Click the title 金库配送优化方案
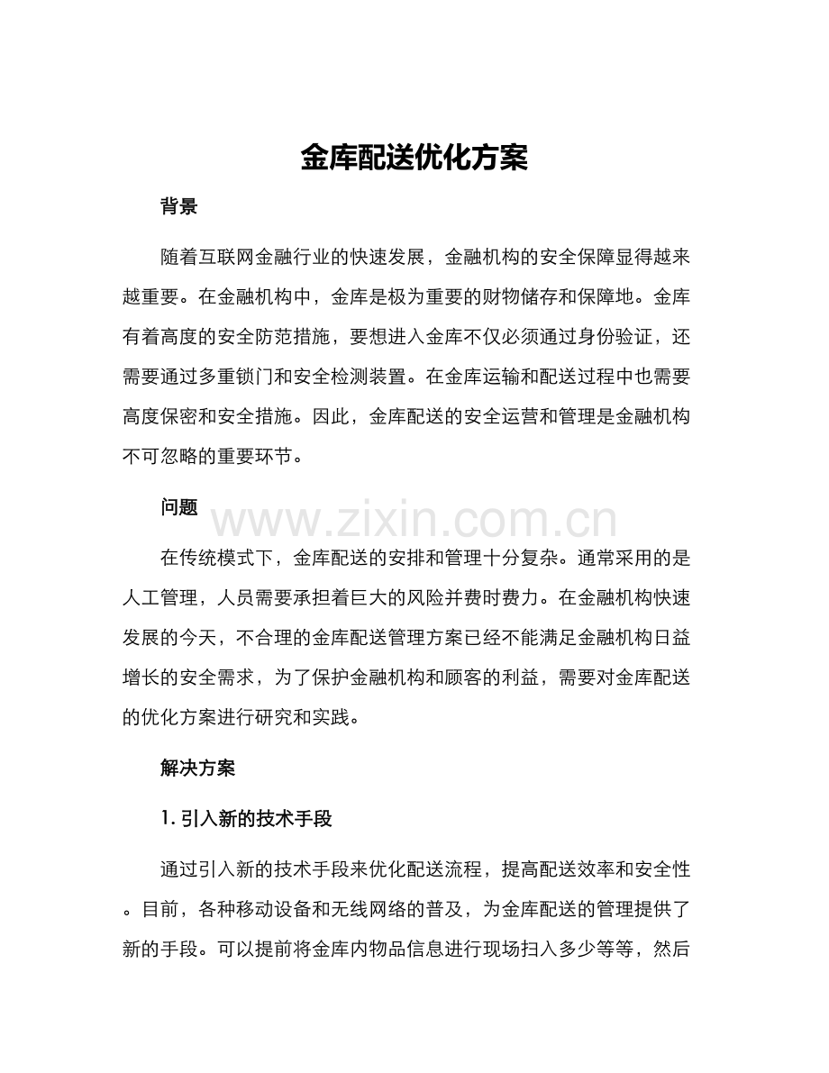414,158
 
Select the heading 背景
178,207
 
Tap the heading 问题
178,508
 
